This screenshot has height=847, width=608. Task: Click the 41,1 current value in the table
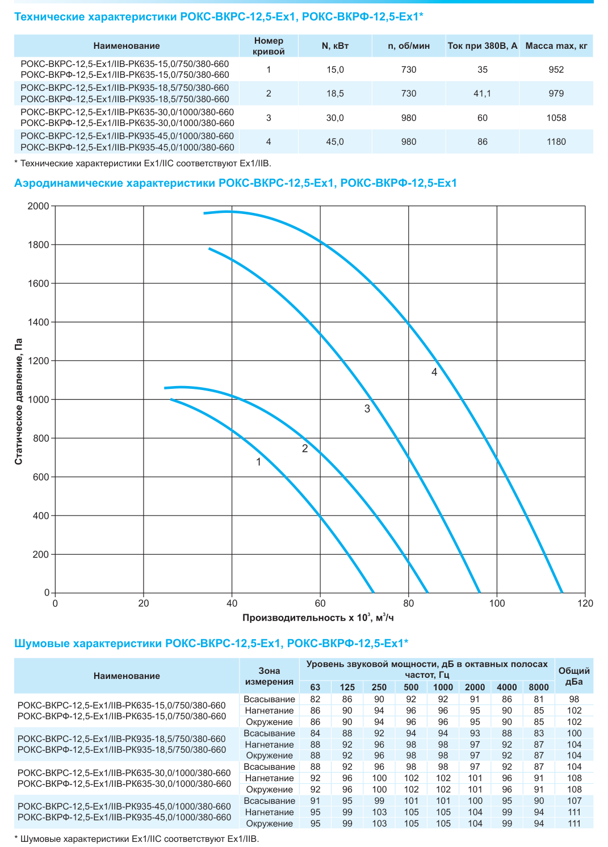pos(482,94)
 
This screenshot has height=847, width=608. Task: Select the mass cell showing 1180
pos(556,142)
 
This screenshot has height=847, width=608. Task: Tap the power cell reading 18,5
pos(335,94)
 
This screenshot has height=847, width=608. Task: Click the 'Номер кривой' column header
pos(269,46)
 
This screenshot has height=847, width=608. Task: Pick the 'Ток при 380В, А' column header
pos(483,46)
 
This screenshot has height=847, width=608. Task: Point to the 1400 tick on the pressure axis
pos(39,322)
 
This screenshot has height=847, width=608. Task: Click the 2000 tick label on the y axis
pos(39,206)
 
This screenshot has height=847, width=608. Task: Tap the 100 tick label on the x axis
pos(497,603)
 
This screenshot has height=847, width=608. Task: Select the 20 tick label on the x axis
pos(143,603)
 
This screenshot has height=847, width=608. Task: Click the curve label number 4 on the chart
pos(434,372)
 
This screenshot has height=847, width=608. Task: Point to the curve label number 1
pos(259,462)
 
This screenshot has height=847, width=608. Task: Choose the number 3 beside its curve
pos(367,408)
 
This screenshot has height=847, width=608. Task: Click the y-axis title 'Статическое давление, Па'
pos(19,401)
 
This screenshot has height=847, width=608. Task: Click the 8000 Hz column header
pos(538,687)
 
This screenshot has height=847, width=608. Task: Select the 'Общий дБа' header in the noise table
pos(574,677)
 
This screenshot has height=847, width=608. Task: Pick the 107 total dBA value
pos(574,801)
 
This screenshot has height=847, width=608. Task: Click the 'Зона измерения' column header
pos(269,676)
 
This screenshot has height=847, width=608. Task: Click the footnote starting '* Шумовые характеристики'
pos(137,838)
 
